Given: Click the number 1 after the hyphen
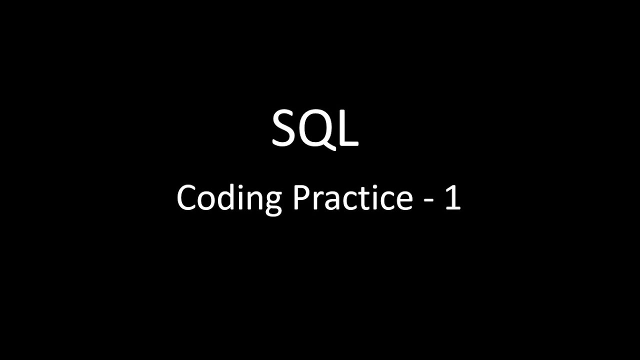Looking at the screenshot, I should pos(452,197).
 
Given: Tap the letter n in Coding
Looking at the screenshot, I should pos(252,201).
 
